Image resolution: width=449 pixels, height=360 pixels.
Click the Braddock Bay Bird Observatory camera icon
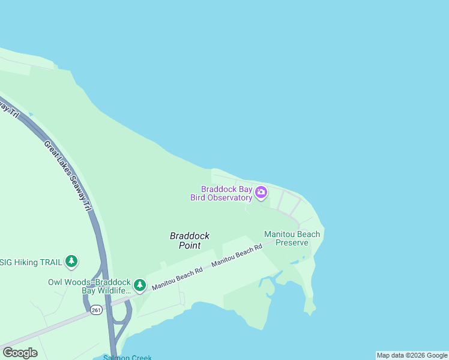tap(261, 193)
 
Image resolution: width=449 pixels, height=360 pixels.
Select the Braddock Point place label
tap(190, 241)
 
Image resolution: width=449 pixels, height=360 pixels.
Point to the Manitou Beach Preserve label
tap(292, 238)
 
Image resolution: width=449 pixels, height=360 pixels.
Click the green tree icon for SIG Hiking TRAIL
tap(72, 261)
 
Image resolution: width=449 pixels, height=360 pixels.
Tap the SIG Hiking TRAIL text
tap(29, 262)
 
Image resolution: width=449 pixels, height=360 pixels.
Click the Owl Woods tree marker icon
tap(140, 285)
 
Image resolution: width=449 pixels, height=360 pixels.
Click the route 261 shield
tap(97, 310)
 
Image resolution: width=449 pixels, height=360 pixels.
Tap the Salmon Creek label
tap(127, 358)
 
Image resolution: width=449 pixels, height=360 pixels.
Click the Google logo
tap(20, 353)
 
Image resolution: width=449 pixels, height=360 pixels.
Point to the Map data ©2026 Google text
tap(412, 355)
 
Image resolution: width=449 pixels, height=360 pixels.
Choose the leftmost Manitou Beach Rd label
tap(177, 278)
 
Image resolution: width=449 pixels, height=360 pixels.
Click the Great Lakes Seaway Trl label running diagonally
tap(68, 175)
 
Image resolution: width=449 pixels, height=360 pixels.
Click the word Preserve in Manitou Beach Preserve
tap(292, 242)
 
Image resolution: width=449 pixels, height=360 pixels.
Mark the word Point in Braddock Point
tap(190, 245)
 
